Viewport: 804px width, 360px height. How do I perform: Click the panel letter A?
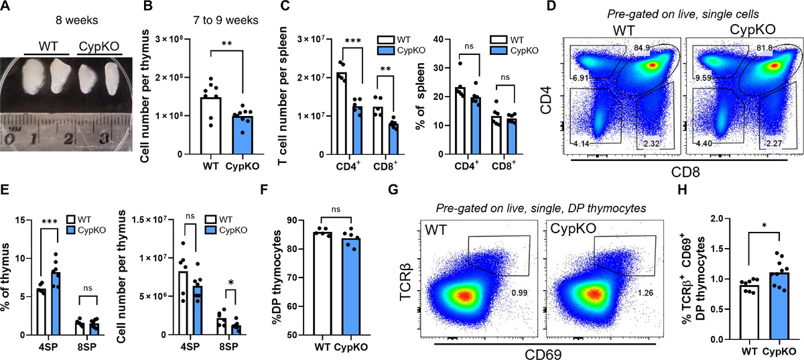[6, 7]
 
